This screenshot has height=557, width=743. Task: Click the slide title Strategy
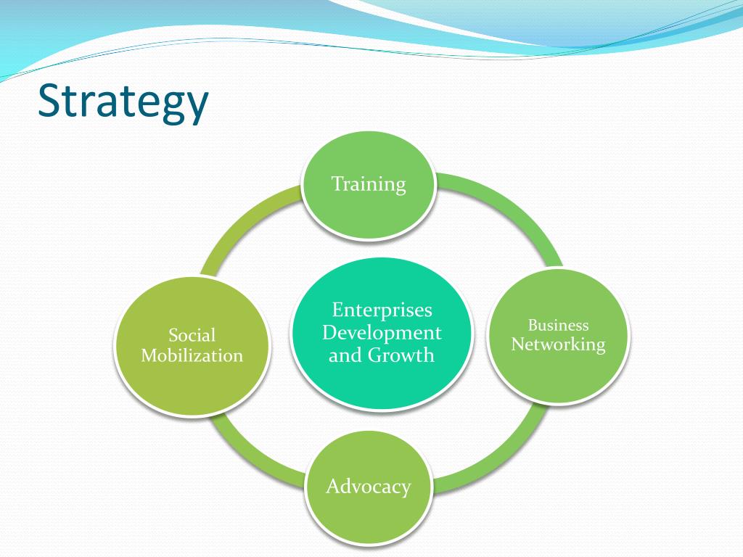[x=123, y=102]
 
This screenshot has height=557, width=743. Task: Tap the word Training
[x=369, y=184]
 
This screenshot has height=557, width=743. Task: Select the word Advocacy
[x=369, y=486]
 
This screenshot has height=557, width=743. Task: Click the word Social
[x=192, y=335]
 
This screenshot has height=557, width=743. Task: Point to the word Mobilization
[x=192, y=355]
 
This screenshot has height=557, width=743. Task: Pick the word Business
[x=558, y=325]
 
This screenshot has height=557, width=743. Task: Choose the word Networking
[x=558, y=344]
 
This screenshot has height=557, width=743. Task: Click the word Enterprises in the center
[x=382, y=310]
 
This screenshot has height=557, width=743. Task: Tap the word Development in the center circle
[x=382, y=333]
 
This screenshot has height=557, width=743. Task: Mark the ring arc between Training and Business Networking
[x=508, y=210]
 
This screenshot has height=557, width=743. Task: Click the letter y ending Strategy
[x=196, y=107]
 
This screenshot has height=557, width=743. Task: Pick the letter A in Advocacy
[x=333, y=486]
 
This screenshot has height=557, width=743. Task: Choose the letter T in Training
[x=337, y=183]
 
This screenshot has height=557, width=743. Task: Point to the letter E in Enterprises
[x=337, y=310]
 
